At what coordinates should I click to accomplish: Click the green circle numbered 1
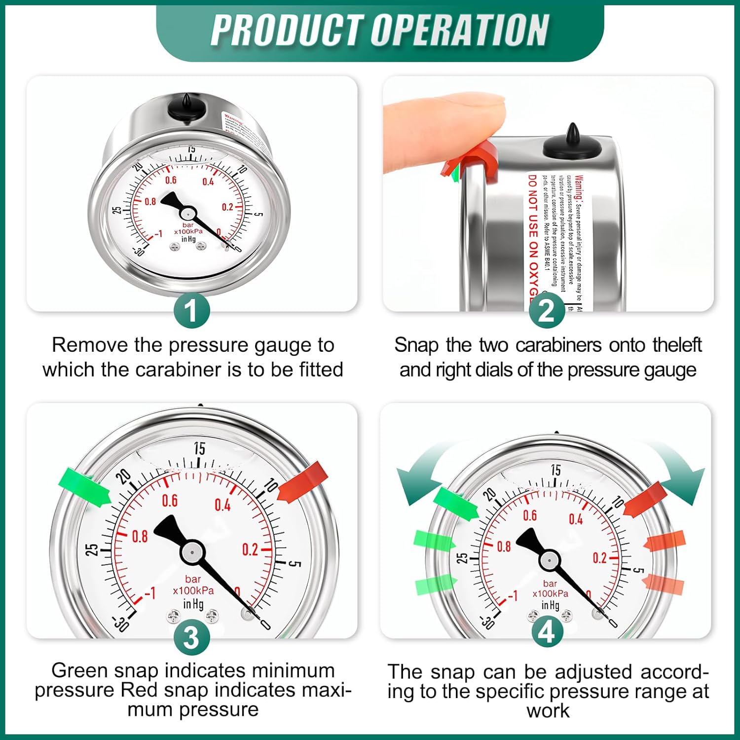[192, 310]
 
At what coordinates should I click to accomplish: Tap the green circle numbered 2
[547, 311]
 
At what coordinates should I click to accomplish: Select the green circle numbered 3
[192, 637]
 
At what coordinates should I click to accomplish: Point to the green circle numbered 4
[547, 632]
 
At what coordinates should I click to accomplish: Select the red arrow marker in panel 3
[303, 481]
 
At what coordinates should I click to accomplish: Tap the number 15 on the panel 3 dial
[199, 448]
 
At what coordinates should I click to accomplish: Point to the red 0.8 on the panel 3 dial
[140, 536]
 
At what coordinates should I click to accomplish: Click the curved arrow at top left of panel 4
[420, 474]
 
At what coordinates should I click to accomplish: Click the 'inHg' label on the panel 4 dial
[550, 605]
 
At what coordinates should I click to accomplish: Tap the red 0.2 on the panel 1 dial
[227, 207]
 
